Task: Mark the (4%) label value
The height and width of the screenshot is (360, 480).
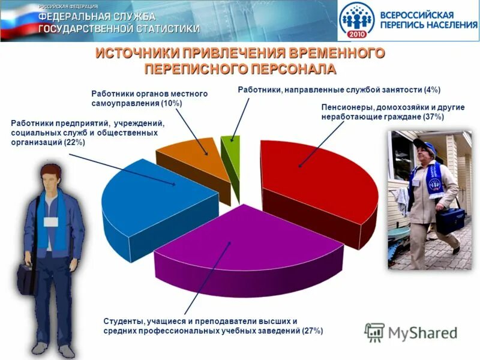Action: pyautogui.click(x=431, y=90)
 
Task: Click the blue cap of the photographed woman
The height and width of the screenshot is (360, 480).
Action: pyautogui.click(x=422, y=144)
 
